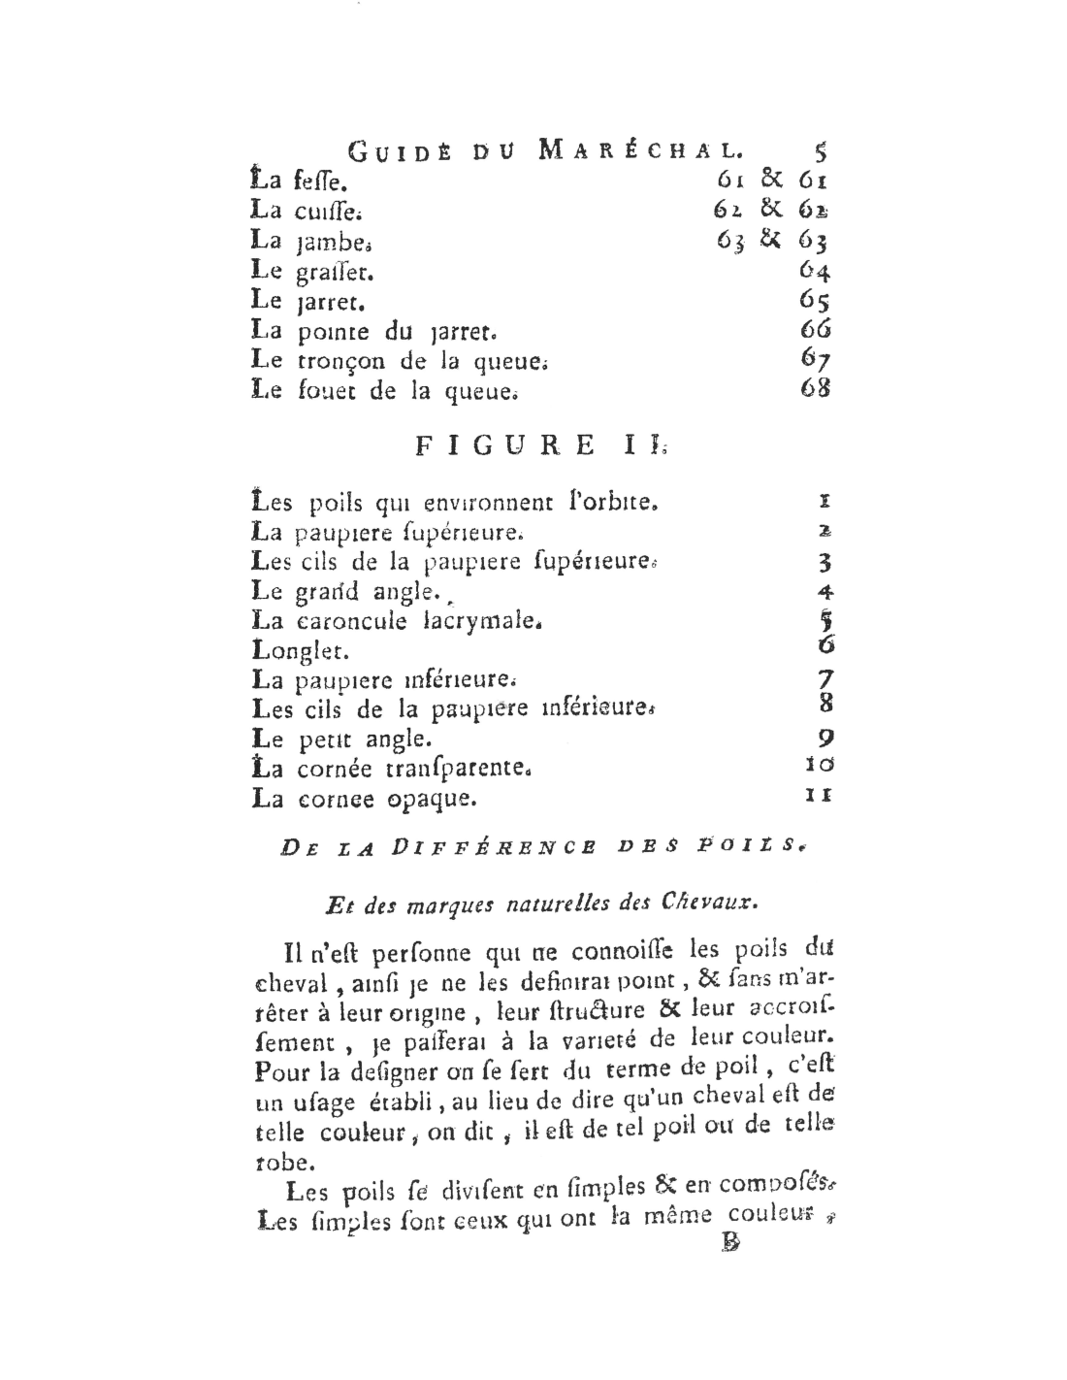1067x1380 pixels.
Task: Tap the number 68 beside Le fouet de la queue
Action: coord(816,389)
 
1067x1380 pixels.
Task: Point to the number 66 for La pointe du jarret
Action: coord(816,329)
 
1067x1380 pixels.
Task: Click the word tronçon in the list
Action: coord(333,361)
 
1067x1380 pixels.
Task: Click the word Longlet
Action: coord(300,649)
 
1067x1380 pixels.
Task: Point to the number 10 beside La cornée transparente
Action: coord(819,767)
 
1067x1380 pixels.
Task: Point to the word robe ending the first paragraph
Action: coord(281,1162)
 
